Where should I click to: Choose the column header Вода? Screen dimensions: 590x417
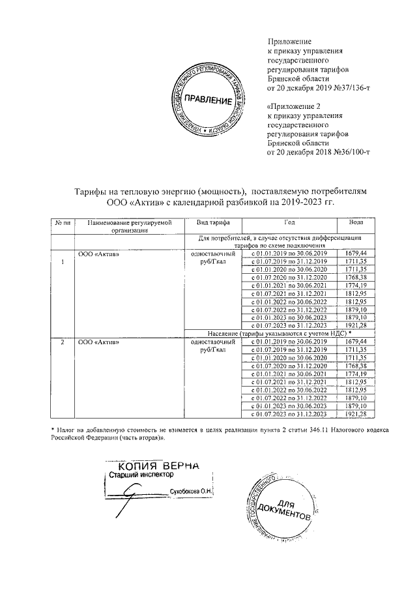pyautogui.click(x=356, y=223)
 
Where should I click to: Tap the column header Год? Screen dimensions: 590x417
pyautogui.click(x=289, y=223)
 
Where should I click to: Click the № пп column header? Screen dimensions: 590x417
pyautogui.click(x=63, y=223)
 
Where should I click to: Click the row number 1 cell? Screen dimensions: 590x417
pyautogui.click(x=63, y=262)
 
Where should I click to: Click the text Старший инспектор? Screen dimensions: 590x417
pyautogui.click(x=137, y=476)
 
